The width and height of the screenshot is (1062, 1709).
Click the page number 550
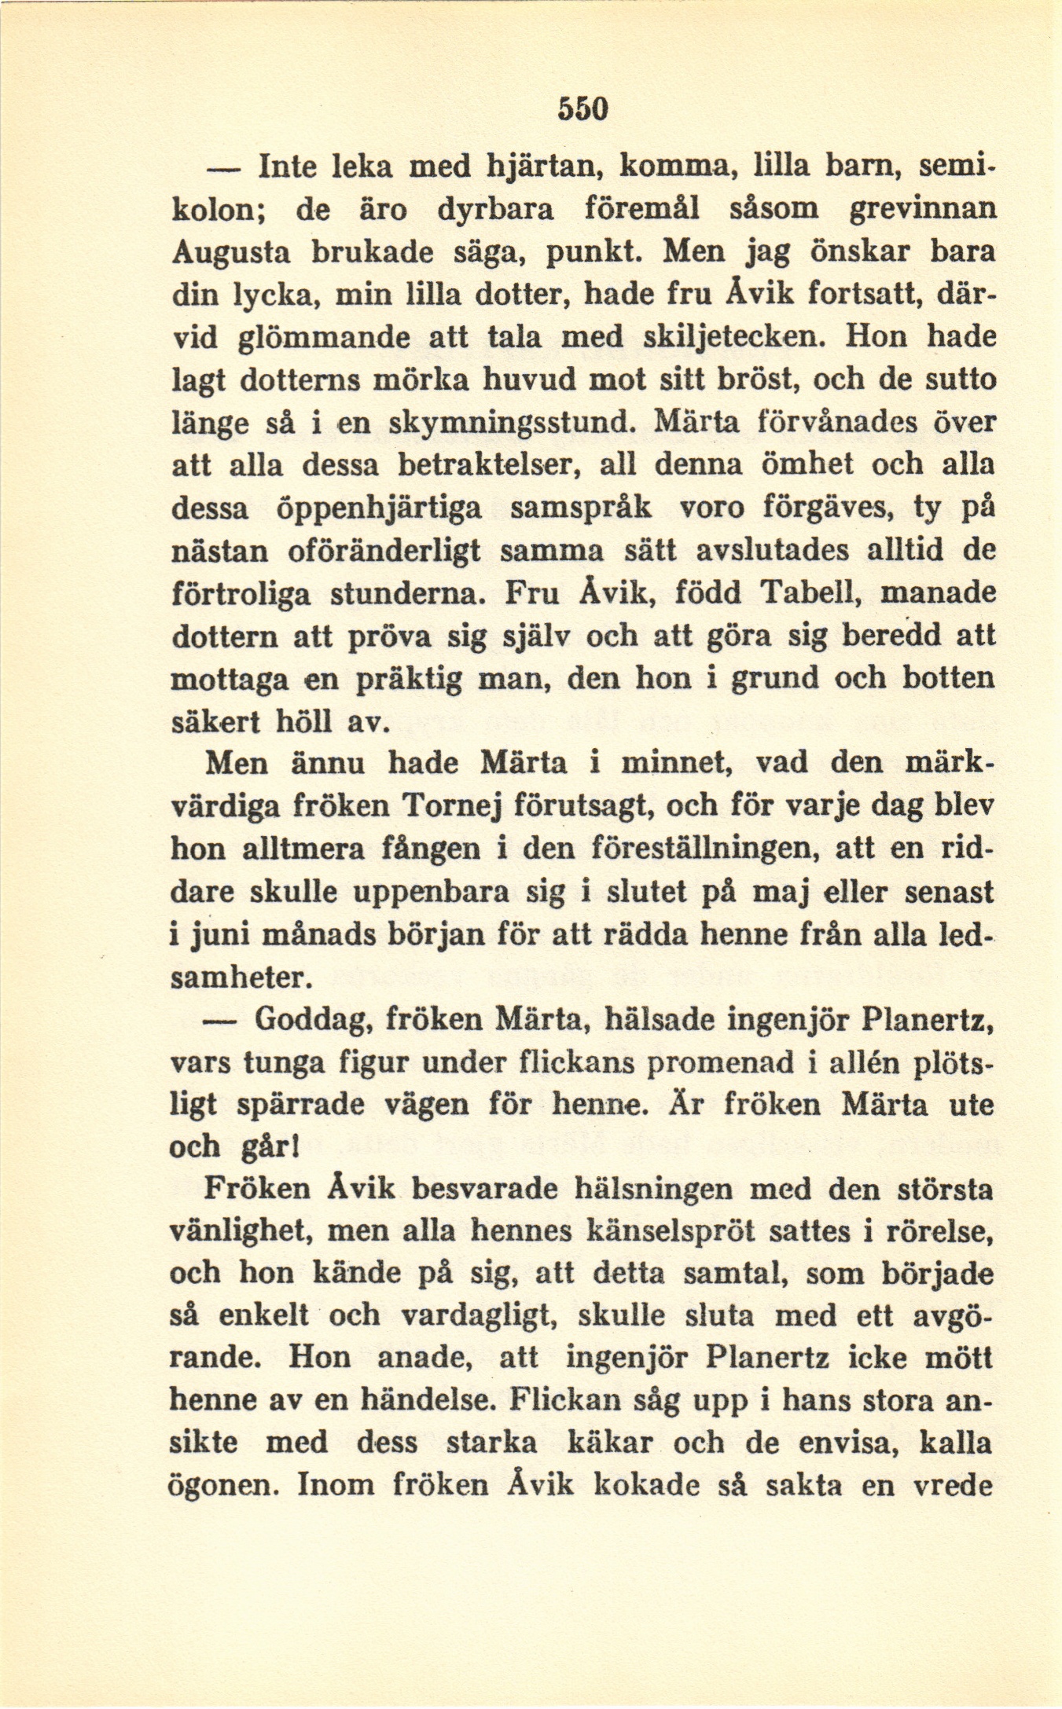point(583,108)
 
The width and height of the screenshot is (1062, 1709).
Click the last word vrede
point(956,1486)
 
